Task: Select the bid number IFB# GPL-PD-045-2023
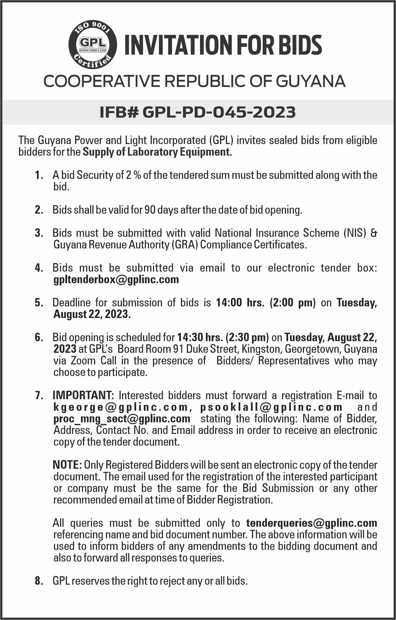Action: click(197, 112)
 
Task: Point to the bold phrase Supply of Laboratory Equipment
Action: click(157, 152)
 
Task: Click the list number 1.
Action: click(39, 176)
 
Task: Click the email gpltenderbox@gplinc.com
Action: click(116, 279)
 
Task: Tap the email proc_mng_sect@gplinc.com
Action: click(122, 419)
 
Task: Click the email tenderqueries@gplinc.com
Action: click(312, 523)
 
